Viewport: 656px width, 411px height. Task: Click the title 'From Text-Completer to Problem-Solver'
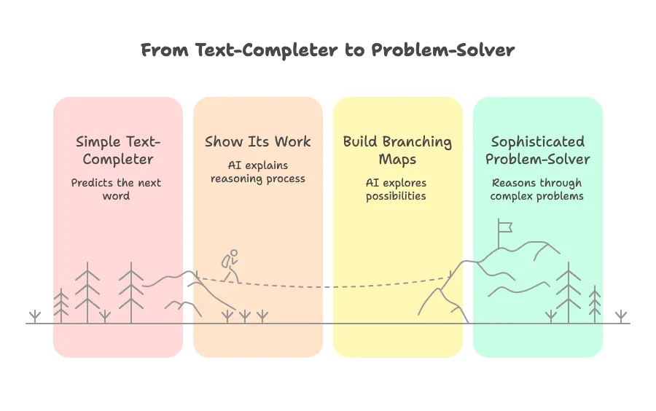click(327, 50)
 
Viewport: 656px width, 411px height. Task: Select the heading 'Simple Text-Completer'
click(117, 150)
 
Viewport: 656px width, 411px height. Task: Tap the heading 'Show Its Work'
click(257, 141)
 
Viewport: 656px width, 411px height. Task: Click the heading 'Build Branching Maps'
click(397, 150)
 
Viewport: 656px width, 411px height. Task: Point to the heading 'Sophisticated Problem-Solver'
click(537, 150)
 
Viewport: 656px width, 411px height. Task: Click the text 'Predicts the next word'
click(117, 189)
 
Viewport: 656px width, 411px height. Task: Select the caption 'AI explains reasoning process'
click(257, 172)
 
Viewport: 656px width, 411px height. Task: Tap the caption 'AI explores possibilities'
click(397, 189)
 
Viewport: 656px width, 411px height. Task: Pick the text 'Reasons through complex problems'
click(537, 189)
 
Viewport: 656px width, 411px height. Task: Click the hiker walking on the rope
click(231, 266)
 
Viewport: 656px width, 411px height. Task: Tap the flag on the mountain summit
click(504, 226)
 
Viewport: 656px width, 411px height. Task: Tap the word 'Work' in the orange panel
click(292, 141)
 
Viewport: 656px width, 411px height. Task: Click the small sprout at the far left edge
click(35, 316)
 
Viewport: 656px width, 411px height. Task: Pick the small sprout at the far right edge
click(620, 316)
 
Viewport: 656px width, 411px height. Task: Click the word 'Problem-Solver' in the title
click(442, 50)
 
